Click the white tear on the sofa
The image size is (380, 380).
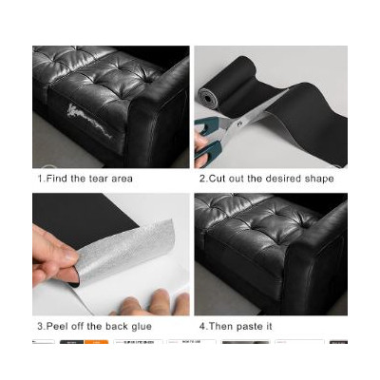[88, 122]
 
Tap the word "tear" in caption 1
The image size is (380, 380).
[99, 179]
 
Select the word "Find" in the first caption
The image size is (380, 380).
[57, 179]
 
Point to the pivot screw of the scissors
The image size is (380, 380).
[239, 122]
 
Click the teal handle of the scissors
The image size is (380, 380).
[207, 140]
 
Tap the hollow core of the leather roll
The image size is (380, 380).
[208, 99]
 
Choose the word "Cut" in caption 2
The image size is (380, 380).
[217, 179]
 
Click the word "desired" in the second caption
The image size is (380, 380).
[283, 179]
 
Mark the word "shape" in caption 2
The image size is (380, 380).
[319, 180]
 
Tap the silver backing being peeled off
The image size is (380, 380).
[126, 247]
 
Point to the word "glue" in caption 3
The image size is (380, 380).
[142, 327]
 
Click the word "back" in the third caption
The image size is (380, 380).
[117, 326]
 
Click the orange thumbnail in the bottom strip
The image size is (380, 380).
[97, 342]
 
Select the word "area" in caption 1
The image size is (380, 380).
[123, 180]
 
